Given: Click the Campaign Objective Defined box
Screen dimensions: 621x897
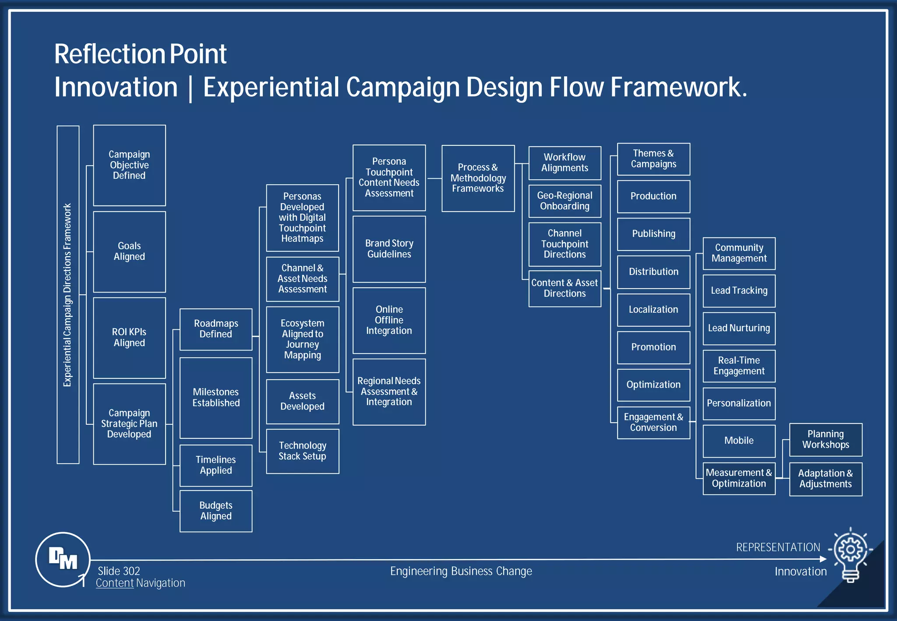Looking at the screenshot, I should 129,165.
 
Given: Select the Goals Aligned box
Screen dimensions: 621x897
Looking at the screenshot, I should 129,251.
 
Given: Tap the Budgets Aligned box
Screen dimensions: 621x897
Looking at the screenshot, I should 216,511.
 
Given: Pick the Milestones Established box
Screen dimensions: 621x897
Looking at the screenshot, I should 216,398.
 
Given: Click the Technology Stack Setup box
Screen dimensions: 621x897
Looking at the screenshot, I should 302,451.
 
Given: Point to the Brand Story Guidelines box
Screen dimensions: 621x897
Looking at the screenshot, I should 389,249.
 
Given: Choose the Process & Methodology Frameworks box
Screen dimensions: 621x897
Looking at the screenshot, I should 478,178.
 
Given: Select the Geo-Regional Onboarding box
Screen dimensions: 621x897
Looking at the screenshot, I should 565,201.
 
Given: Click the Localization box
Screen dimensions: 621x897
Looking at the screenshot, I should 653,310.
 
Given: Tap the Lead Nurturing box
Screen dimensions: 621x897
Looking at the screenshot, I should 739,328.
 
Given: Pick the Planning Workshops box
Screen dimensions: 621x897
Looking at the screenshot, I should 826,439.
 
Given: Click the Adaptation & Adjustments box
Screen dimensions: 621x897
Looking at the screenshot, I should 826,479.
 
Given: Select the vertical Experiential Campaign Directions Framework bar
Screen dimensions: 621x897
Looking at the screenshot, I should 68,294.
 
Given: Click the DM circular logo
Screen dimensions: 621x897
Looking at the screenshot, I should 63,559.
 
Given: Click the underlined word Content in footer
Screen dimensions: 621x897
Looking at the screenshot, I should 115,583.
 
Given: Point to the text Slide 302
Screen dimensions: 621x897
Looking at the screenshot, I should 119,571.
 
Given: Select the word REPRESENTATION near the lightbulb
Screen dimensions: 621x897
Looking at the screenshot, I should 778,547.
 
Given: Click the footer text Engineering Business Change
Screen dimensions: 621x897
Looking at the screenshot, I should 461,571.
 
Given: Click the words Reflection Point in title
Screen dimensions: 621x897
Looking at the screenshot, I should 140,54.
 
